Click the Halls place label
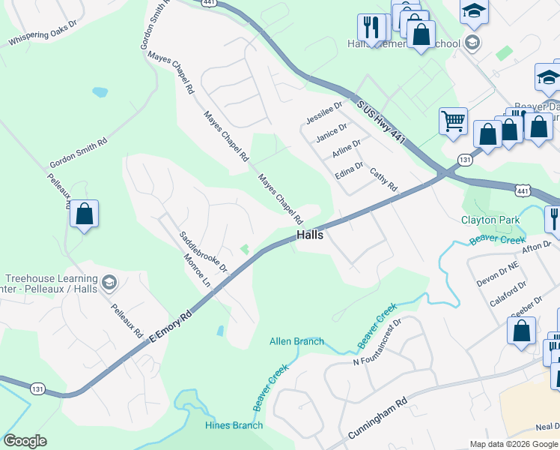click(310, 235)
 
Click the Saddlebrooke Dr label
click(203, 250)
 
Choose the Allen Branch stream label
click(296, 341)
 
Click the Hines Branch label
click(234, 425)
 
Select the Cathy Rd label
click(383, 178)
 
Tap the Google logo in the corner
click(25, 441)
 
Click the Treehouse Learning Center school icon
click(109, 282)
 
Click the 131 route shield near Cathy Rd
click(465, 160)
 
